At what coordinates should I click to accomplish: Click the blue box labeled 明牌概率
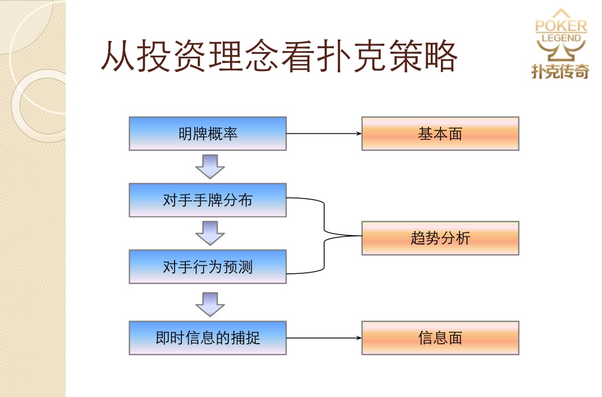tap(207, 134)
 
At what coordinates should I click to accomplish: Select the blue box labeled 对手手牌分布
tap(207, 200)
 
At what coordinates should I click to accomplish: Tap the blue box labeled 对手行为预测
tap(207, 267)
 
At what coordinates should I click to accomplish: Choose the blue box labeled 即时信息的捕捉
tap(207, 338)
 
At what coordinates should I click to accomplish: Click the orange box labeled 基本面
tap(440, 134)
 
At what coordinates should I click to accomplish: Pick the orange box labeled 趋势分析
tap(440, 238)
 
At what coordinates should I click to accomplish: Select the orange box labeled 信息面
tap(440, 338)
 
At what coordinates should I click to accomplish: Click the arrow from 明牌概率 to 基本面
tap(324, 134)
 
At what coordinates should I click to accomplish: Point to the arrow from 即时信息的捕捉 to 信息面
tap(324, 338)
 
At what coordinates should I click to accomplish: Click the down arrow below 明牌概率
tap(210, 166)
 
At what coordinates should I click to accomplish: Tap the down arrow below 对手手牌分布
tap(210, 233)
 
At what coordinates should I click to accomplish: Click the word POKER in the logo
tap(561, 26)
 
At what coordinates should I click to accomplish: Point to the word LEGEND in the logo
tap(561, 39)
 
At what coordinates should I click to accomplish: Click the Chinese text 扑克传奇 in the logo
tap(560, 70)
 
